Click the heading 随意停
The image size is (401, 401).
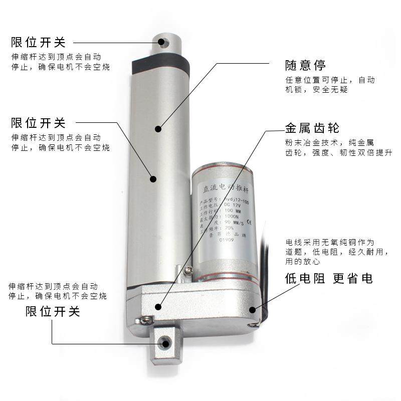point(305,65)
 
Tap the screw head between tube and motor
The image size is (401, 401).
point(188,271)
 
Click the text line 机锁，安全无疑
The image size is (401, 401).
point(316,90)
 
